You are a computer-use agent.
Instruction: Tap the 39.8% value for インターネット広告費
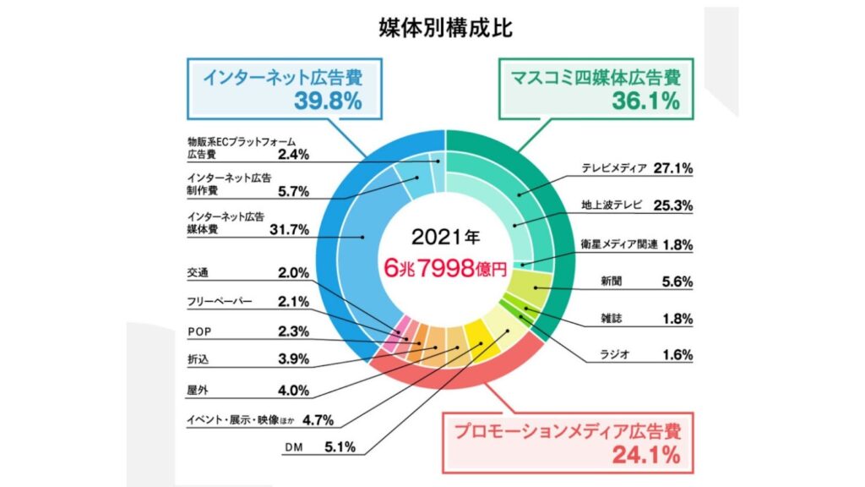click(x=328, y=101)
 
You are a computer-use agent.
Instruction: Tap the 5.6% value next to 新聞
click(x=676, y=282)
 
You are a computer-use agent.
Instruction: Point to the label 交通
click(x=197, y=272)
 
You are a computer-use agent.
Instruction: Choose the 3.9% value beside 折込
click(x=294, y=359)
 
